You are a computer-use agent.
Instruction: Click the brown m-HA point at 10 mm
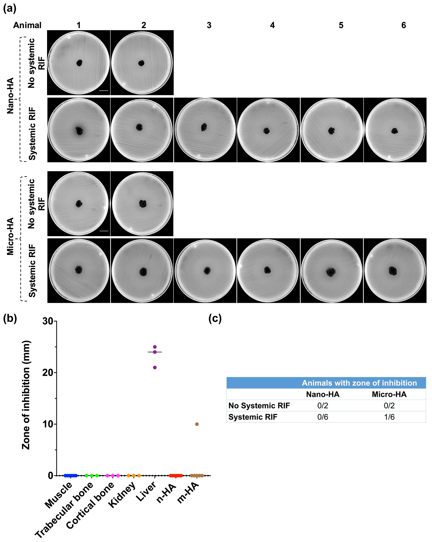coord(197,424)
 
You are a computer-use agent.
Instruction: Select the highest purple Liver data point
coord(155,347)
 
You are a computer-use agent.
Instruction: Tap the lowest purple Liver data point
coord(155,368)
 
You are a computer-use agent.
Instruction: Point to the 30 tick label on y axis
coord(48,321)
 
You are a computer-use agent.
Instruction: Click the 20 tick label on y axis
coord(48,373)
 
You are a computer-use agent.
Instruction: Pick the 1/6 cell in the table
coord(389,417)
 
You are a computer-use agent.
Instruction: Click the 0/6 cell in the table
coord(322,417)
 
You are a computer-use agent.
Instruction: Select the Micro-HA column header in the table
coord(389,394)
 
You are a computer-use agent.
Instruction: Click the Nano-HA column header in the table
coord(322,394)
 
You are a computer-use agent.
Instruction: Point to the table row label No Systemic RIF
coord(259,405)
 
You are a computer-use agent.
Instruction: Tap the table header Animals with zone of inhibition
coord(359,383)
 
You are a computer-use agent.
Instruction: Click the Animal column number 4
coord(272,25)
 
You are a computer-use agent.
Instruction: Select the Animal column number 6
coord(403,25)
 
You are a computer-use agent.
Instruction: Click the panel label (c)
coord(215,319)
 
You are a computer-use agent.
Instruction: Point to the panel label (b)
coord(10,319)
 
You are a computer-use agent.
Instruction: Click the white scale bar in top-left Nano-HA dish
coord(104,91)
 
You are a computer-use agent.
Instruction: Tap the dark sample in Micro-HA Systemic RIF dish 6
coord(392,271)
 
